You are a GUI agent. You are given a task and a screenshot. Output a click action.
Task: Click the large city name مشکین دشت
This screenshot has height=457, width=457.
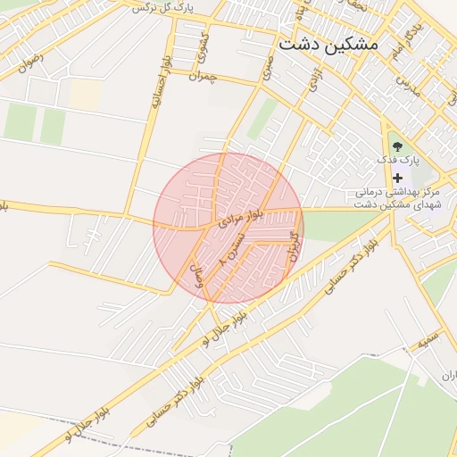tap(328, 43)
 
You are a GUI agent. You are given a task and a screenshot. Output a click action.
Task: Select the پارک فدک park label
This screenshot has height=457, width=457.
tap(397, 161)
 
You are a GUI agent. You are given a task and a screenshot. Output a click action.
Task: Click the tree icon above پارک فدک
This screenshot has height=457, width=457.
tap(397, 145)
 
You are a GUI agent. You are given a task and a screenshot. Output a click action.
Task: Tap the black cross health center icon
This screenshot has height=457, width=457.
tap(397, 178)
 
